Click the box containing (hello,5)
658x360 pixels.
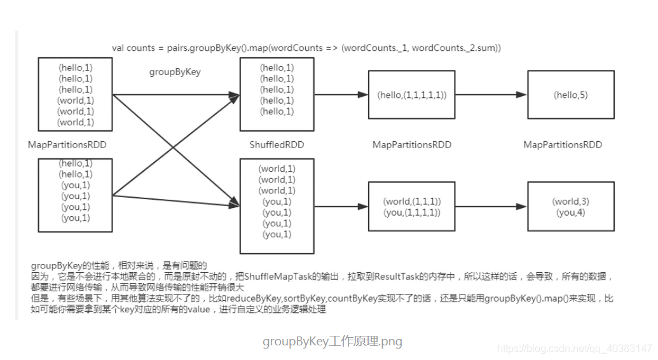coord(570,95)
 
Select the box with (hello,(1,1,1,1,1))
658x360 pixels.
coord(412,95)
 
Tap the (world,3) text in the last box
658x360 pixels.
coord(570,202)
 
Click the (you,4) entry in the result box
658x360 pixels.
coord(570,212)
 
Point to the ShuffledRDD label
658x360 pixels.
coord(277,145)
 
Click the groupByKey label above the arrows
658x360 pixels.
coord(175,72)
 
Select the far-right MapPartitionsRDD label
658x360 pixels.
coord(563,145)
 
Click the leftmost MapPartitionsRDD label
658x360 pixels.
coord(67,145)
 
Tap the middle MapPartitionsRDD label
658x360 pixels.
coord(412,145)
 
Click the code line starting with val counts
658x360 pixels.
coord(306,48)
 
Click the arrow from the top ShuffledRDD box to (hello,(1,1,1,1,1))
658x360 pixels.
coord(341,95)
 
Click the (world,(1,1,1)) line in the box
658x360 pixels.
coord(412,202)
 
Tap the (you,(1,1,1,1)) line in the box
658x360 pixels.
coord(412,212)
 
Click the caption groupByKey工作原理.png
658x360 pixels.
coord(332,342)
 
